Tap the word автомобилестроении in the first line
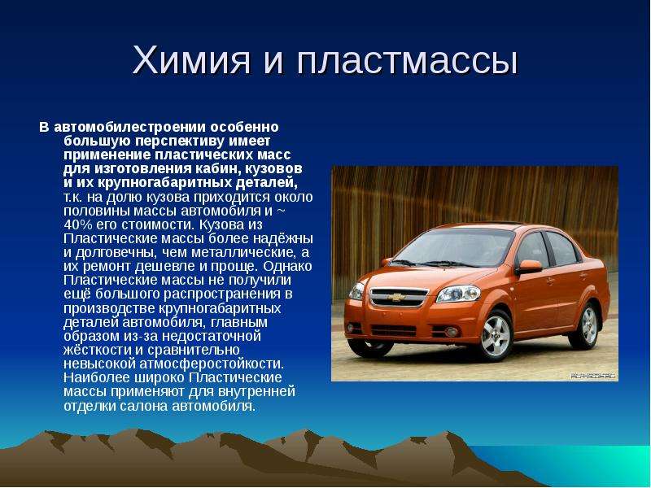tap(130, 127)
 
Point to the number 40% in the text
tap(77, 224)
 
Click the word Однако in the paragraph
tap(287, 266)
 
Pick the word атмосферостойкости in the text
tap(212, 364)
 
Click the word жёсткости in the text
tap(98, 350)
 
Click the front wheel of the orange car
tap(495, 335)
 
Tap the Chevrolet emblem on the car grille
tap(396, 298)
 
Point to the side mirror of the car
tap(529, 267)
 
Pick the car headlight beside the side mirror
tap(458, 294)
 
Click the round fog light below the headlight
tap(452, 332)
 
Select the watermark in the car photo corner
tap(594, 376)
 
